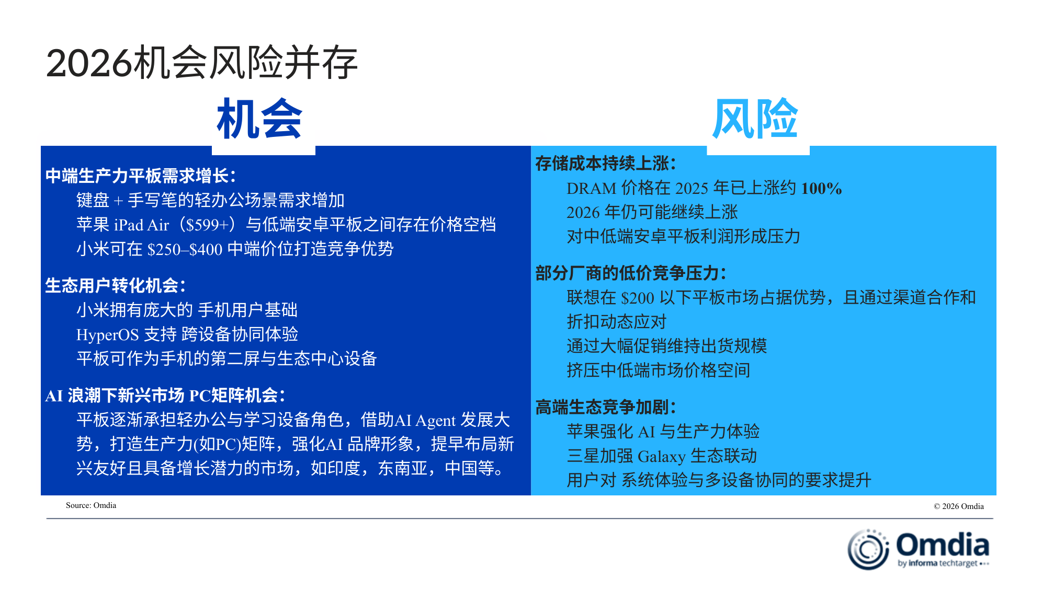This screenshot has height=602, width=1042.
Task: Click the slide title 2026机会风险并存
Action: (x=202, y=63)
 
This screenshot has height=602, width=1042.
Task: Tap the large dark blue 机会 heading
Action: (x=259, y=119)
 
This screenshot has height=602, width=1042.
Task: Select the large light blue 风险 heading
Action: (x=755, y=119)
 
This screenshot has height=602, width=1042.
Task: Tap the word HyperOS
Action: (x=107, y=335)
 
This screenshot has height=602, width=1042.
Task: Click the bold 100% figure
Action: (x=821, y=188)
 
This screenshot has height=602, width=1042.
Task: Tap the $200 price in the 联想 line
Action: (x=637, y=298)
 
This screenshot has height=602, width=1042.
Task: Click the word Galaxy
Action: (x=662, y=456)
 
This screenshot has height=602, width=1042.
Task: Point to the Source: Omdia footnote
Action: (x=91, y=505)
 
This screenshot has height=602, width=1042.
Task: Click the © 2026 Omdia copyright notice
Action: (x=959, y=506)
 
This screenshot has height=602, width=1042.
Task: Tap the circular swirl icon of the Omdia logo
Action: (x=868, y=549)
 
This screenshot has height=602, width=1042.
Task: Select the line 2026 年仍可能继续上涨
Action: (x=652, y=212)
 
